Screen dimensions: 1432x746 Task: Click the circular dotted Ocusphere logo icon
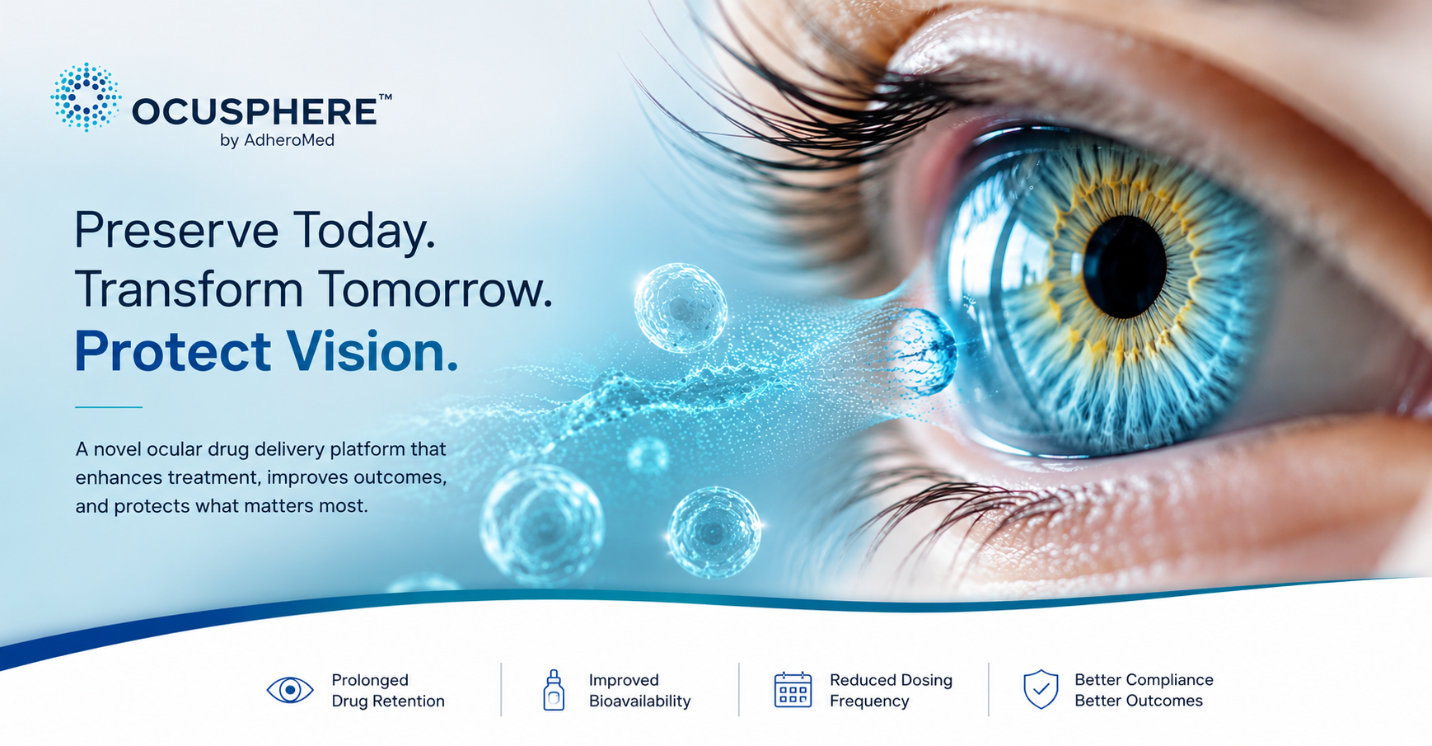86,97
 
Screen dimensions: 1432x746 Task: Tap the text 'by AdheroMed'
277,140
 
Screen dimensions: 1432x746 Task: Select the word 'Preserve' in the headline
176,230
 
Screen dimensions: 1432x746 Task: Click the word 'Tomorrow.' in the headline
435,290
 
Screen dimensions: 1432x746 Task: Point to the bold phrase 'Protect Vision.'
266,352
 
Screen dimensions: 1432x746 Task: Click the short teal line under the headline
109,407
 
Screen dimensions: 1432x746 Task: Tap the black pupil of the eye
1125,266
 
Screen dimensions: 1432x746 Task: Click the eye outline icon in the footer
290,690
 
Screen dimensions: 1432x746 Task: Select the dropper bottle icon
554,690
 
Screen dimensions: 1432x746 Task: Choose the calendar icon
793,690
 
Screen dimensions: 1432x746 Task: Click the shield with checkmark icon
1041,689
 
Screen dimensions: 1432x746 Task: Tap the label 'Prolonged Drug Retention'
388,691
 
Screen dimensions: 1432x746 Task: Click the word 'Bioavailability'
639,701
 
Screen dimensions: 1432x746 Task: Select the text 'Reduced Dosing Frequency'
891,691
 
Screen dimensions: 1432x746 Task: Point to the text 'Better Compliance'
1144,680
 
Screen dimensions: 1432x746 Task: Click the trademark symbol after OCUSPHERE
385,97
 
